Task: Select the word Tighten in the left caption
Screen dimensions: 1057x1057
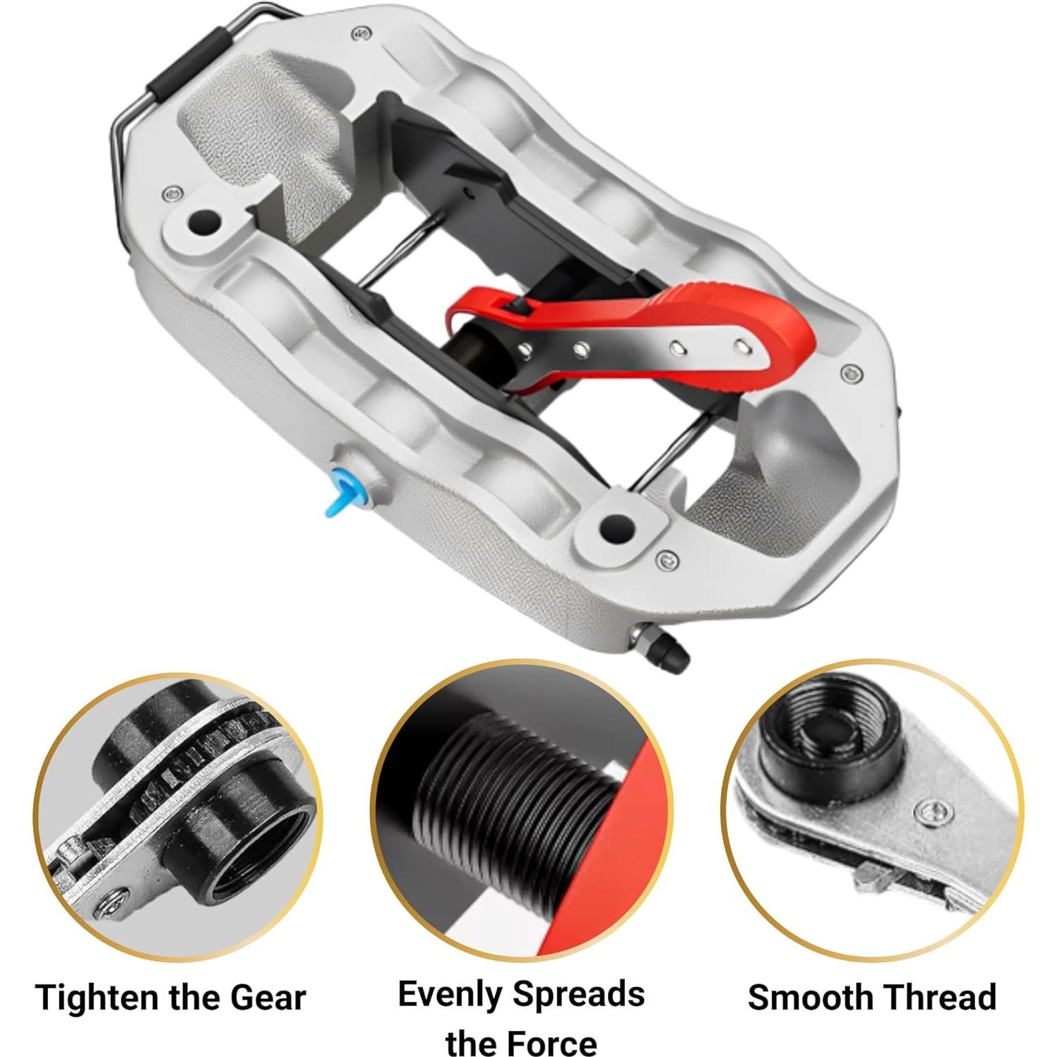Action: coord(97,998)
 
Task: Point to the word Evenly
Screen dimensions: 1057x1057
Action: coord(450,994)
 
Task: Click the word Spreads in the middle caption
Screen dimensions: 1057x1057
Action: coord(579,994)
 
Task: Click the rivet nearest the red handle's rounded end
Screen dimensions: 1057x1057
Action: coord(739,347)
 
